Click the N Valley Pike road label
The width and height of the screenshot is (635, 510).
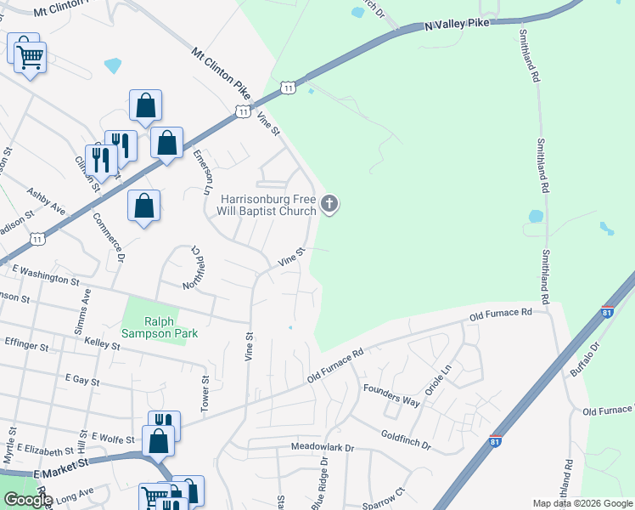(x=458, y=24)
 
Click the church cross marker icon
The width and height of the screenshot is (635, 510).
(x=330, y=205)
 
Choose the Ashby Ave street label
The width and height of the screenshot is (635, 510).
(x=46, y=201)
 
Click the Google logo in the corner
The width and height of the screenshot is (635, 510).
(x=28, y=500)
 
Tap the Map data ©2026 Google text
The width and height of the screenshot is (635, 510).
(x=582, y=503)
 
